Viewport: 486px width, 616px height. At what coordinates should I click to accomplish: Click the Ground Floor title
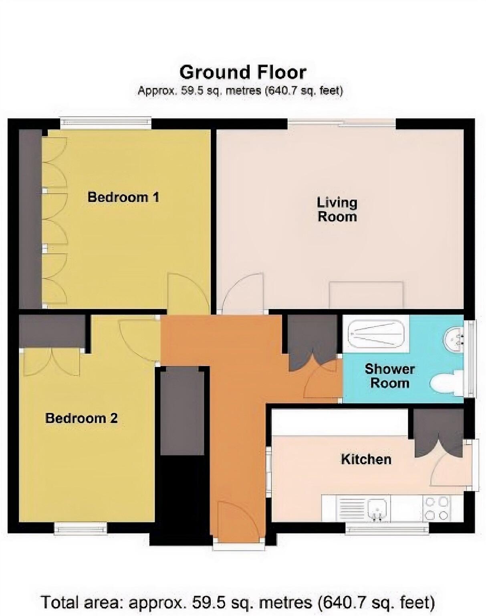(x=243, y=73)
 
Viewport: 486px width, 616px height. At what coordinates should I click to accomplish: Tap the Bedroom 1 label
(x=123, y=197)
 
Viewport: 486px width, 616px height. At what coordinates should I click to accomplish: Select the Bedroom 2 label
(x=81, y=418)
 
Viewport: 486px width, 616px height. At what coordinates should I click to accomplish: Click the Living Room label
(x=337, y=209)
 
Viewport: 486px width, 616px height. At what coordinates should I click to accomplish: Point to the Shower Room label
(x=389, y=376)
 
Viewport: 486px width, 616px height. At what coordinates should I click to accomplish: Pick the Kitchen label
(x=366, y=459)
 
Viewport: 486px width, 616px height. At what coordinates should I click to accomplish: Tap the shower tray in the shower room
(x=376, y=333)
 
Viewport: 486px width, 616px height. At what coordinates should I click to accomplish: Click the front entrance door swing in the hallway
(x=236, y=521)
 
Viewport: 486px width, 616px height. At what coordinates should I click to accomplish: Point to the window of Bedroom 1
(x=106, y=122)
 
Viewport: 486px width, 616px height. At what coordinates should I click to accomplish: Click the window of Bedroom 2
(x=81, y=529)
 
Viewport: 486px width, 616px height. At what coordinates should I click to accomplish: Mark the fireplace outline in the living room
(x=366, y=295)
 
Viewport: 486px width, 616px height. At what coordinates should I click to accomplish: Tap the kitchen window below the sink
(x=387, y=529)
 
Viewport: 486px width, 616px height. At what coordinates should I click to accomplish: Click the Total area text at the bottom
(x=237, y=602)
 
